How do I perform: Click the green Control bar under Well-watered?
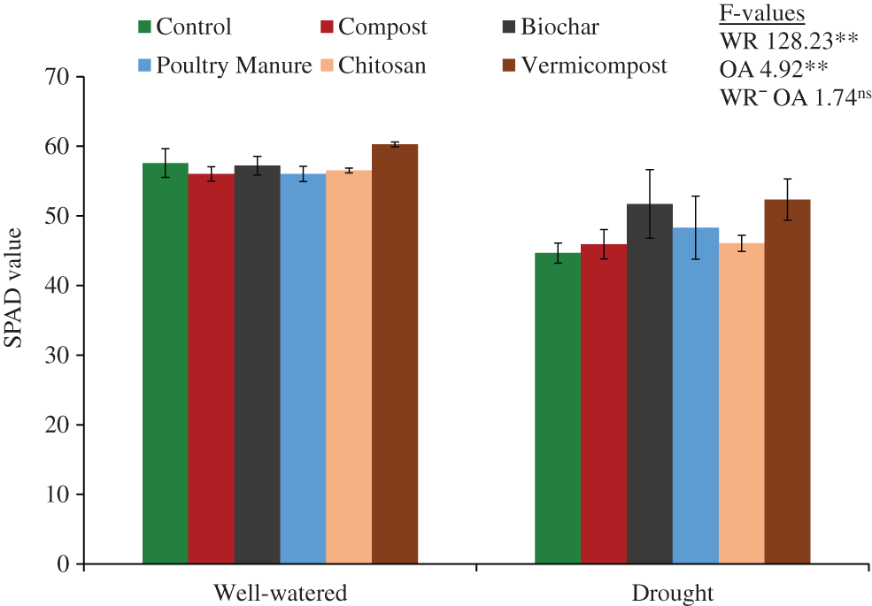tap(166, 363)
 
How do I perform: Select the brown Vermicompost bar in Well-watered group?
tap(395, 354)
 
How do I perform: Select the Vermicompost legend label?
tap(594, 65)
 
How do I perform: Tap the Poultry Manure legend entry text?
tap(234, 65)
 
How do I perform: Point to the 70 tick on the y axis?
tap(58, 77)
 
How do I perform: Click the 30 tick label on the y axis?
tap(58, 355)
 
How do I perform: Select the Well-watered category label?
tap(281, 591)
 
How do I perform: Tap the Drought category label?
tap(673, 591)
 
